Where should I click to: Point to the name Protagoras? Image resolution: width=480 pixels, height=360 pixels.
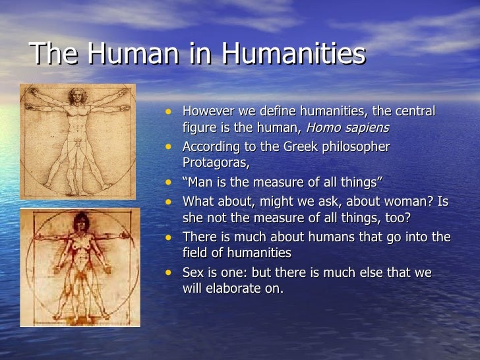click(x=216, y=162)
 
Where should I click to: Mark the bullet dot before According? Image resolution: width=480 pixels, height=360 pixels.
click(x=171, y=146)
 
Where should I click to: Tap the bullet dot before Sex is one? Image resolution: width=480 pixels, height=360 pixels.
click(x=171, y=272)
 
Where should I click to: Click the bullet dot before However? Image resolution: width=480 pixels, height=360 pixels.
click(x=171, y=111)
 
